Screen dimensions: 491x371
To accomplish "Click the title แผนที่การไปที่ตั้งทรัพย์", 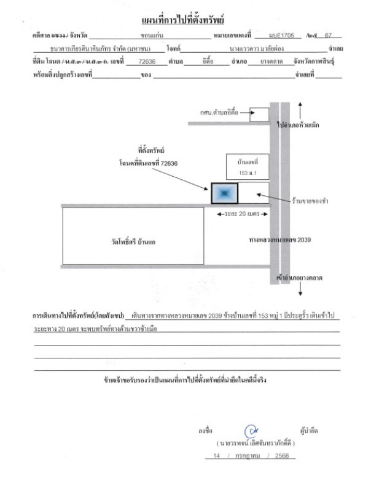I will coord(185,23).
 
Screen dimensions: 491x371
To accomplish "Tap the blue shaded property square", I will coord(224,193).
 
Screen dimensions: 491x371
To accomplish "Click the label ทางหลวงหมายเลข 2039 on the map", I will coord(281,239).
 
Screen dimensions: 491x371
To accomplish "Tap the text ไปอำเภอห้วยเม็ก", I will coord(307,125).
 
